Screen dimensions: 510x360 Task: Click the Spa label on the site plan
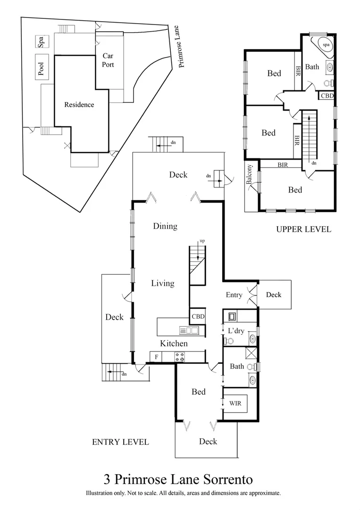click(x=42, y=42)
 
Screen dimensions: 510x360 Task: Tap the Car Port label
click(x=108, y=60)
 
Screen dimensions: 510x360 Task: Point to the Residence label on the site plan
click(x=79, y=105)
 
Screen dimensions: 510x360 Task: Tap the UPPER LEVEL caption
click(x=303, y=229)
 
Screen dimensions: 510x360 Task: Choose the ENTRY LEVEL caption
click(x=120, y=442)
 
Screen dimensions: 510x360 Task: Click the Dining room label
click(x=165, y=226)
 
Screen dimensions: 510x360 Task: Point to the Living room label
click(x=162, y=283)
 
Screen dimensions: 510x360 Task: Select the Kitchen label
click(x=174, y=343)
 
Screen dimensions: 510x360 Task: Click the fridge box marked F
click(x=156, y=357)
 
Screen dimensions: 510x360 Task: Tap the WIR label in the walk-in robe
click(x=235, y=404)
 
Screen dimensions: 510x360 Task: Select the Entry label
click(x=234, y=295)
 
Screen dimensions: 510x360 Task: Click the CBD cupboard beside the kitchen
click(x=198, y=316)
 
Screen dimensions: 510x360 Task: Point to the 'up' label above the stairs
click(x=202, y=241)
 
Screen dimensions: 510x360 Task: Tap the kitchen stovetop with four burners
click(x=180, y=357)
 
